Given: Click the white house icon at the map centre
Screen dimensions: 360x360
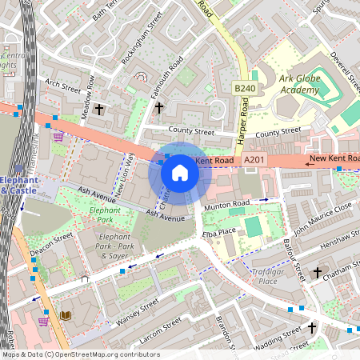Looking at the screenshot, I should click(180, 172).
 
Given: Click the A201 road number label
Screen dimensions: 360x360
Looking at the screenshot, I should click(254, 161).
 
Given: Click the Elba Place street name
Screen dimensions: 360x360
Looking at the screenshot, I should click(218, 231).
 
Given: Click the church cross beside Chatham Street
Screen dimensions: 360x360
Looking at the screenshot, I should click(317, 273).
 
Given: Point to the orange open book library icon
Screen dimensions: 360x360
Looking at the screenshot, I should click(66, 316).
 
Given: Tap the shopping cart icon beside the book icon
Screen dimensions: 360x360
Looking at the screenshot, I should click(44, 321).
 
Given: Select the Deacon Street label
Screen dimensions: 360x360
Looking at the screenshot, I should click(51, 243).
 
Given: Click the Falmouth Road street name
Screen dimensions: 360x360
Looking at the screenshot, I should click(166, 80).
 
